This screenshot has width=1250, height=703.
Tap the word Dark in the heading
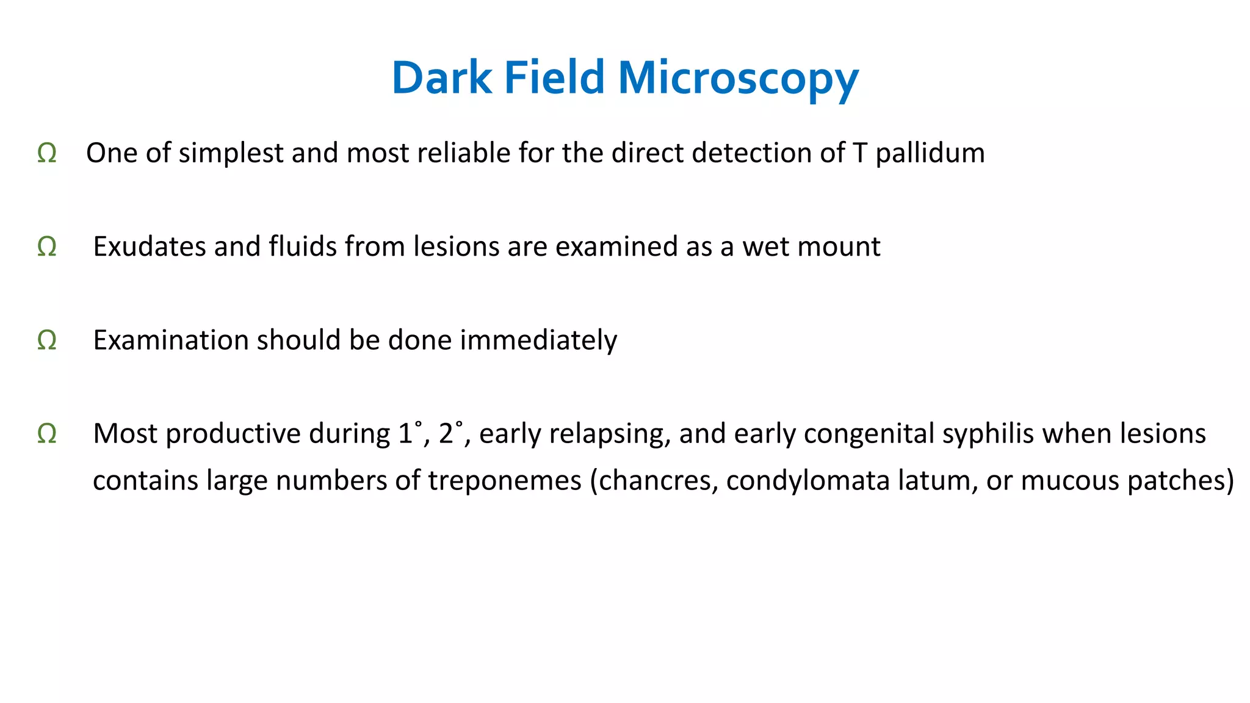pyautogui.click(x=441, y=78)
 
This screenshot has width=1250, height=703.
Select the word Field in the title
pyautogui.click(x=554, y=78)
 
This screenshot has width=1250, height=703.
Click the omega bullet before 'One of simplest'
pyautogui.click(x=47, y=153)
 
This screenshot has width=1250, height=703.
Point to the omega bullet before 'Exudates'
pyautogui.click(x=47, y=247)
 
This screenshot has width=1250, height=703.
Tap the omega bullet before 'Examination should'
pyautogui.click(x=47, y=341)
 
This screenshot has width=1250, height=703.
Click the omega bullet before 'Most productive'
pyautogui.click(x=47, y=434)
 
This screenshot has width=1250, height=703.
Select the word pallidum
pyautogui.click(x=930, y=153)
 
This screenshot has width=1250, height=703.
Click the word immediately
pyautogui.click(x=538, y=341)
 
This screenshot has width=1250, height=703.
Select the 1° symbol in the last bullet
pyautogui.click(x=410, y=433)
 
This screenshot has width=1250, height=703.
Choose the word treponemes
pyautogui.click(x=504, y=481)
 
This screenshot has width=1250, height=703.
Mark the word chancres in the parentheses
pyautogui.click(x=656, y=481)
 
